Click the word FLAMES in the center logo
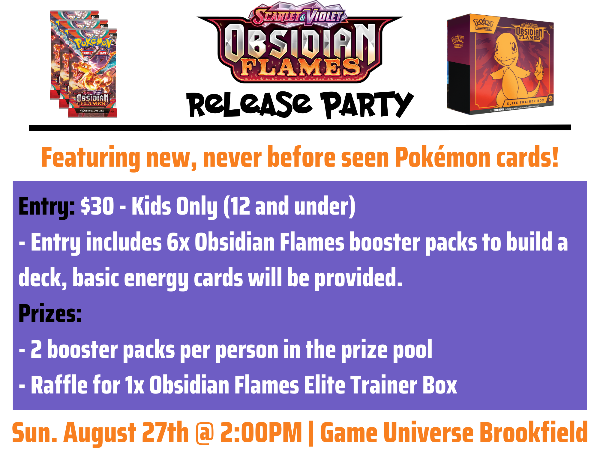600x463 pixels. [300, 67]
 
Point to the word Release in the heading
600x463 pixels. [249, 105]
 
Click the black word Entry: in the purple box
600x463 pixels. [46, 207]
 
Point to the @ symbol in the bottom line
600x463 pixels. [205, 433]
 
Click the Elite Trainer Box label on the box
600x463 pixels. [525, 102]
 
